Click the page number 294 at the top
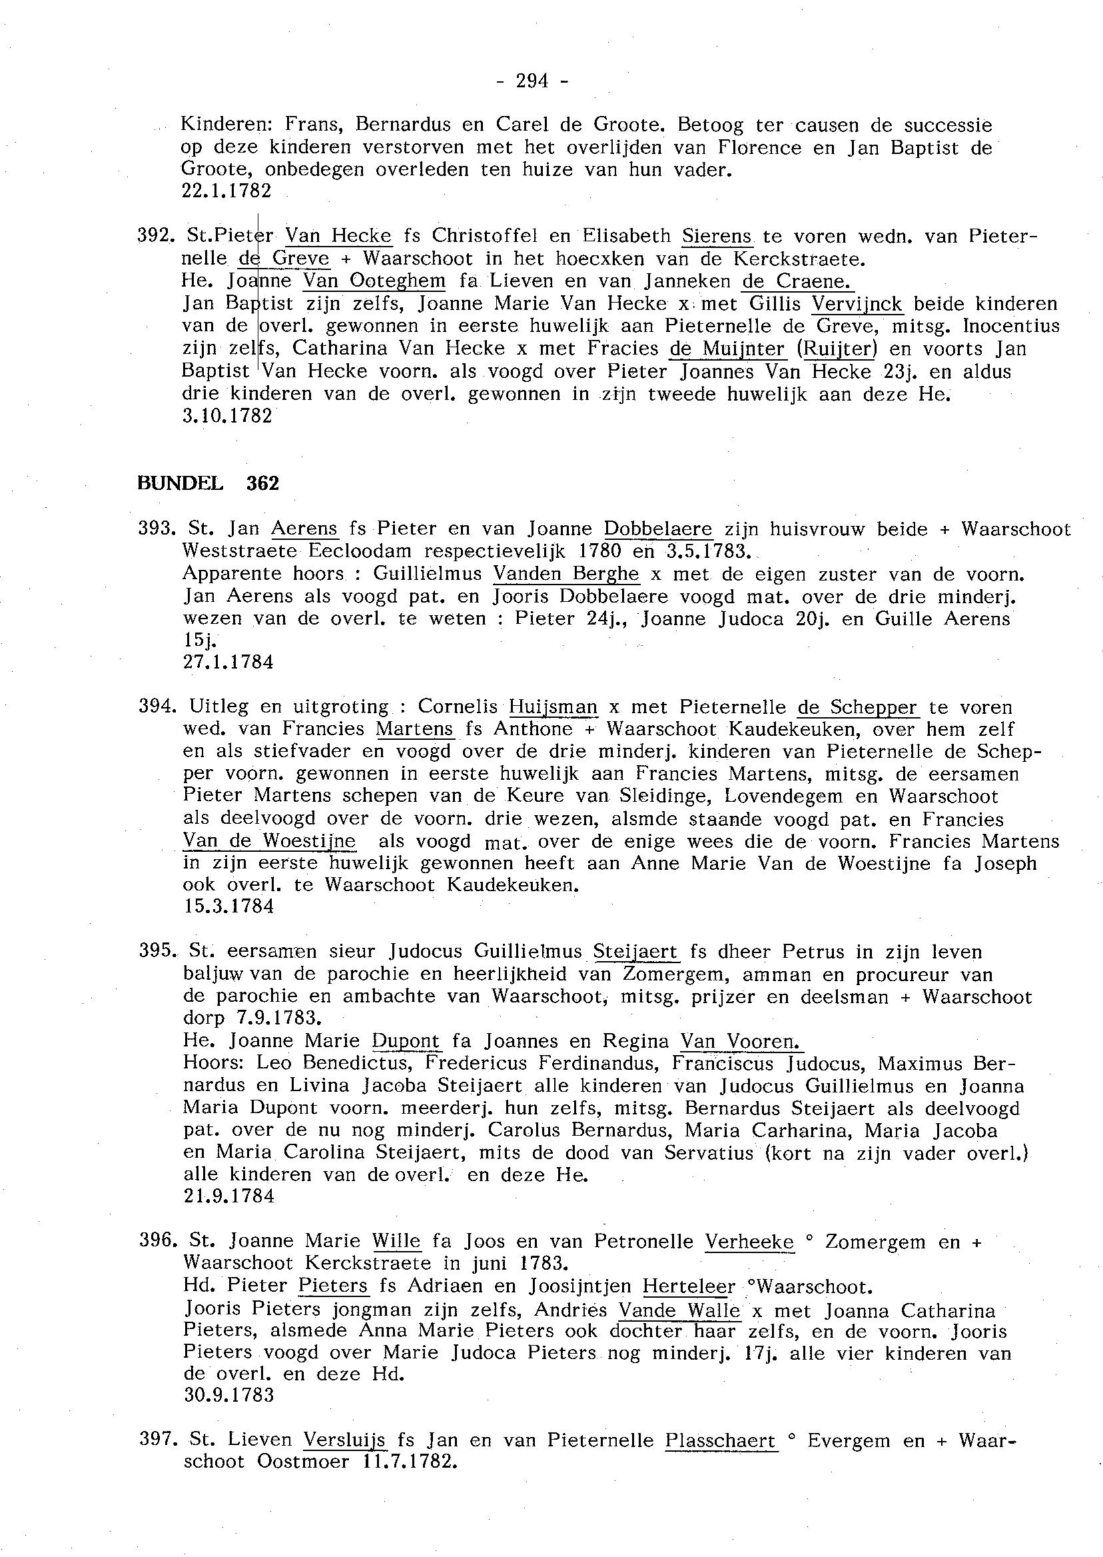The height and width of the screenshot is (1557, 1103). click(x=532, y=81)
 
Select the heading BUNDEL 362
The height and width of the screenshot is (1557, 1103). click(x=208, y=483)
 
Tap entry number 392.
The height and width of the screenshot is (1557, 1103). click(x=157, y=237)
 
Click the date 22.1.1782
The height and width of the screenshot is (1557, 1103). click(x=227, y=192)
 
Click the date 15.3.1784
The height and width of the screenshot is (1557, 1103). click(x=228, y=906)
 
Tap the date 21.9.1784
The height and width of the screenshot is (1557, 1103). click(x=228, y=1196)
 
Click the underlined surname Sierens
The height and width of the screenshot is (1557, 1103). click(x=717, y=236)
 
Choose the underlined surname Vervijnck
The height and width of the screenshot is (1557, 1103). click(x=858, y=303)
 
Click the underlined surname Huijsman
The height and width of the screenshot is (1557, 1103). click(x=553, y=707)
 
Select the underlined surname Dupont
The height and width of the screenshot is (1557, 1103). click(x=406, y=1040)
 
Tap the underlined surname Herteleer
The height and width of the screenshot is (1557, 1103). click(x=689, y=1286)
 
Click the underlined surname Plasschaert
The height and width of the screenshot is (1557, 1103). click(x=721, y=1440)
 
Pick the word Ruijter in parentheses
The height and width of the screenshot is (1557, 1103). click(x=837, y=349)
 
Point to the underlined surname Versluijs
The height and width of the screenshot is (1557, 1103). click(x=344, y=1440)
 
